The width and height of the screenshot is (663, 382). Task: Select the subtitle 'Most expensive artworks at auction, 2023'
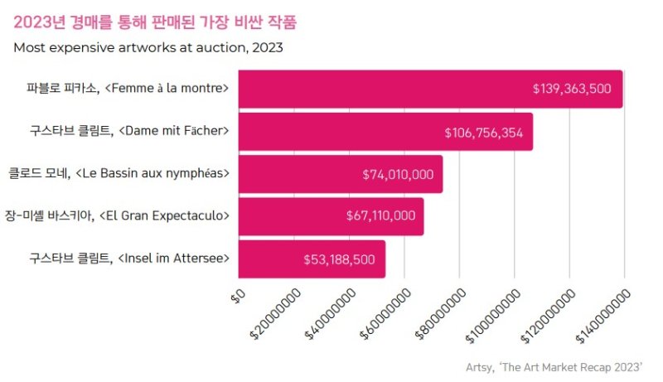click(x=148, y=47)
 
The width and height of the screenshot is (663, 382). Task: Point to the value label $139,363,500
click(x=572, y=89)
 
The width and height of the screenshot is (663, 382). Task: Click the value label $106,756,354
click(x=483, y=133)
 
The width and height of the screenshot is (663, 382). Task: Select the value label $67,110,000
click(x=380, y=216)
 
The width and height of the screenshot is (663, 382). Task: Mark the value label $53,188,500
click(x=339, y=259)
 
